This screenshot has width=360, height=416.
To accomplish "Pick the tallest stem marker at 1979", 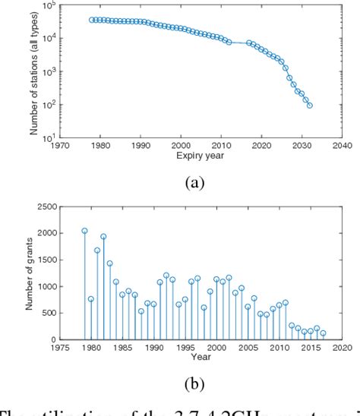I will tap(84, 231).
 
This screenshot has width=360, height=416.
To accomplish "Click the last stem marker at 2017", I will tap(323, 332).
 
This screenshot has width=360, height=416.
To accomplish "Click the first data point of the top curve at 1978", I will tap(92, 20).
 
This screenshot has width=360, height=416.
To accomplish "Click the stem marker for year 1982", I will tap(103, 236).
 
